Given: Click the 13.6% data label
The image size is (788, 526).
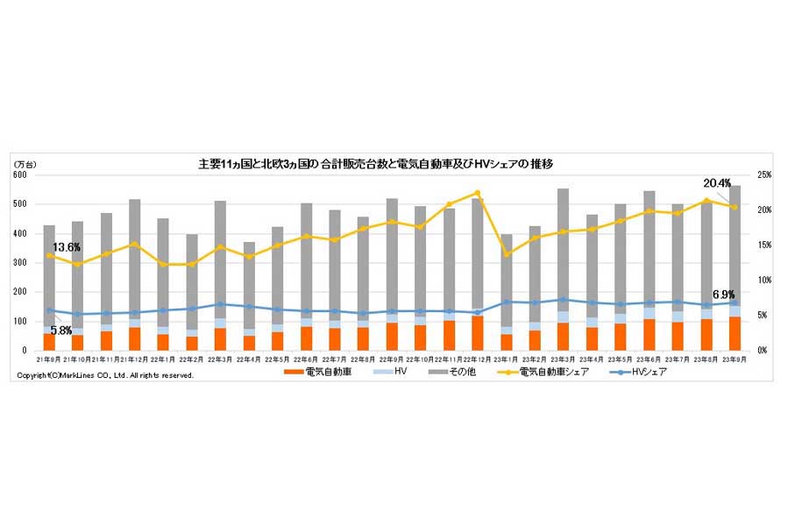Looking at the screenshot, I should click(x=67, y=247).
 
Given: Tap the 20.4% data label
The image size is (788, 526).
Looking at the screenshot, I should click(x=716, y=183).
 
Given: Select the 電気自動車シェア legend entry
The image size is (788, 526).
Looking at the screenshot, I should click(x=553, y=373).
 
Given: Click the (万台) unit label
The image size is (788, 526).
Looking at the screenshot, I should click(x=24, y=164).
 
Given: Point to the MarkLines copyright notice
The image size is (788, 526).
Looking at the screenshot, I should click(x=105, y=375).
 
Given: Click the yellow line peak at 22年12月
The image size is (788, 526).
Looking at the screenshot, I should click(x=478, y=193).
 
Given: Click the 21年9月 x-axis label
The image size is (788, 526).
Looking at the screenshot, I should click(x=50, y=360).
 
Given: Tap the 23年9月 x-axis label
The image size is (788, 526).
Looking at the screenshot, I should click(x=735, y=360).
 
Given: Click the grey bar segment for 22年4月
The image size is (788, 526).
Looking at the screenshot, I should click(x=250, y=285).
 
